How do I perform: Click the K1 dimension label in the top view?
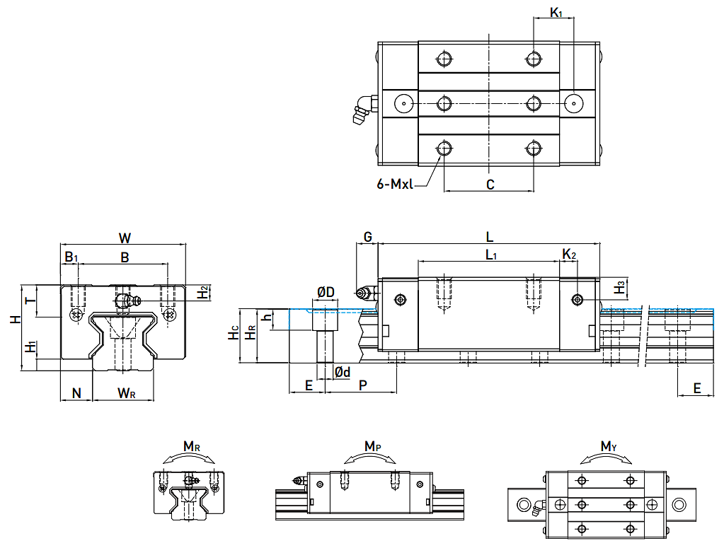pos(556,13)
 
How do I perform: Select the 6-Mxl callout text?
pos(394,185)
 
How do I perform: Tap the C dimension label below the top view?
pos(489,185)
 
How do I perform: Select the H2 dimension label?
pos(202,291)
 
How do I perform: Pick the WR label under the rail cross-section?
pos(127,392)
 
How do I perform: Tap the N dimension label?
pos(76,392)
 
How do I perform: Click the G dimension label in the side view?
pos(367,236)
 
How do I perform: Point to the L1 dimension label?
pos(490,255)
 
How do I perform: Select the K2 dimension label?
pos(570,254)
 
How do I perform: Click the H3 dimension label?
pos(620,287)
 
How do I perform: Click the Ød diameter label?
pos(342,372)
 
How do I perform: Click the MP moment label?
pos(373,446)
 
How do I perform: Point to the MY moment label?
pos(608,446)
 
